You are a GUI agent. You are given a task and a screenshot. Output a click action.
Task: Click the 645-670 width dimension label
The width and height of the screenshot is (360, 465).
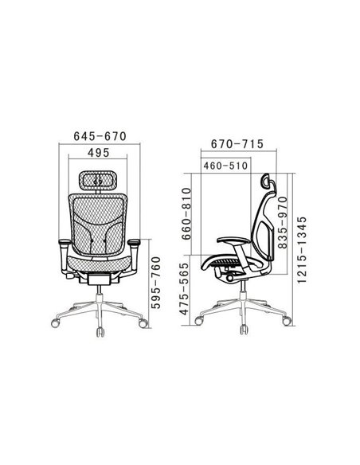pos(100,136)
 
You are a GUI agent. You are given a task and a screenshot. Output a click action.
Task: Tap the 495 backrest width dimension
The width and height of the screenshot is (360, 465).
pos(99,153)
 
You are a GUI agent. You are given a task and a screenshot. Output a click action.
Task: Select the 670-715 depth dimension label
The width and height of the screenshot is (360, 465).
pos(237,144)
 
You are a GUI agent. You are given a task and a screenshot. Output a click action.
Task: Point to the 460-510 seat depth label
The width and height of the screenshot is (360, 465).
pos(225,166)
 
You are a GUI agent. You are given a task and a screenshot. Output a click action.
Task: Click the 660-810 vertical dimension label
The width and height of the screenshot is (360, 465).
pos(187,213)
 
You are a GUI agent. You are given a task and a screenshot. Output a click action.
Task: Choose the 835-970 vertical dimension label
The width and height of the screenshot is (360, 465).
pos(283,222)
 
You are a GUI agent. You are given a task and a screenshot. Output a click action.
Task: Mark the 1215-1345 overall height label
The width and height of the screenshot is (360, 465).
pos(302,250)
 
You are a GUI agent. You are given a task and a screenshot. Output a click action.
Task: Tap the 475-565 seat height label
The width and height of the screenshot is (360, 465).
pos(185,289)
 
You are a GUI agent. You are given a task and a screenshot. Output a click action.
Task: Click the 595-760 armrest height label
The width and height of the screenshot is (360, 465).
pos(156,283)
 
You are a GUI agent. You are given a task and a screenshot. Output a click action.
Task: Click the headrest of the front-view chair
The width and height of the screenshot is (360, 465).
pos(97,180)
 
